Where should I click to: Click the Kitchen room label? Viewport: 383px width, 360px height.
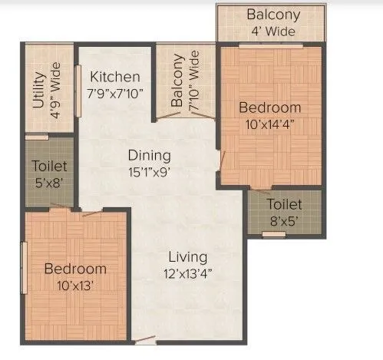(x=115, y=77)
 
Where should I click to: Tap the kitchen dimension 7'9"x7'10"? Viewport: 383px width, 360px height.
(x=115, y=93)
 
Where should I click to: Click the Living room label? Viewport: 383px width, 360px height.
(x=188, y=257)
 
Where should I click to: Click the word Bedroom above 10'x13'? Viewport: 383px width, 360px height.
(x=74, y=269)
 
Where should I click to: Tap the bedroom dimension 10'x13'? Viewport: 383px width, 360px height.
(x=74, y=286)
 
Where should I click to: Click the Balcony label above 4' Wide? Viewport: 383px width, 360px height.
(x=273, y=15)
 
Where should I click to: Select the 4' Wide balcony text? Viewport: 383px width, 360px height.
(x=273, y=32)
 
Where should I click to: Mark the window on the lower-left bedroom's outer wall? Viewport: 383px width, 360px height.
(x=24, y=268)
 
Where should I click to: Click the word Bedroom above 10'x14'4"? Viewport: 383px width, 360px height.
(x=269, y=107)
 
